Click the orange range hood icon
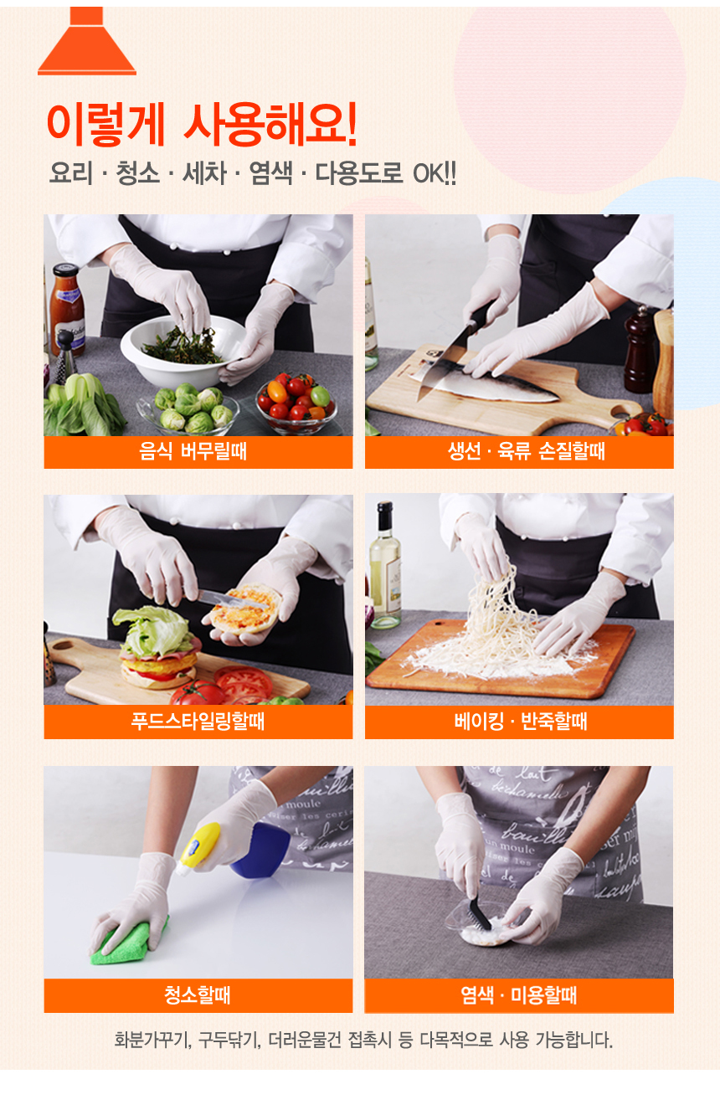[x=87, y=42]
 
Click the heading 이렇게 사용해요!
[x=202, y=125]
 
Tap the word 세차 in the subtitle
[x=204, y=173]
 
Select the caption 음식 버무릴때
[x=193, y=451]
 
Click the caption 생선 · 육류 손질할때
[x=527, y=451]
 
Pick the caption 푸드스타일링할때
[x=198, y=721]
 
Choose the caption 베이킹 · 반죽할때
[x=520, y=721]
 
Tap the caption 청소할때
[x=198, y=994]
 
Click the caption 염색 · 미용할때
[x=519, y=994]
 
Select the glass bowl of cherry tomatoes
[x=296, y=403]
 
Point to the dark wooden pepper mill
[x=640, y=351]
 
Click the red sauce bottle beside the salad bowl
[x=67, y=310]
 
